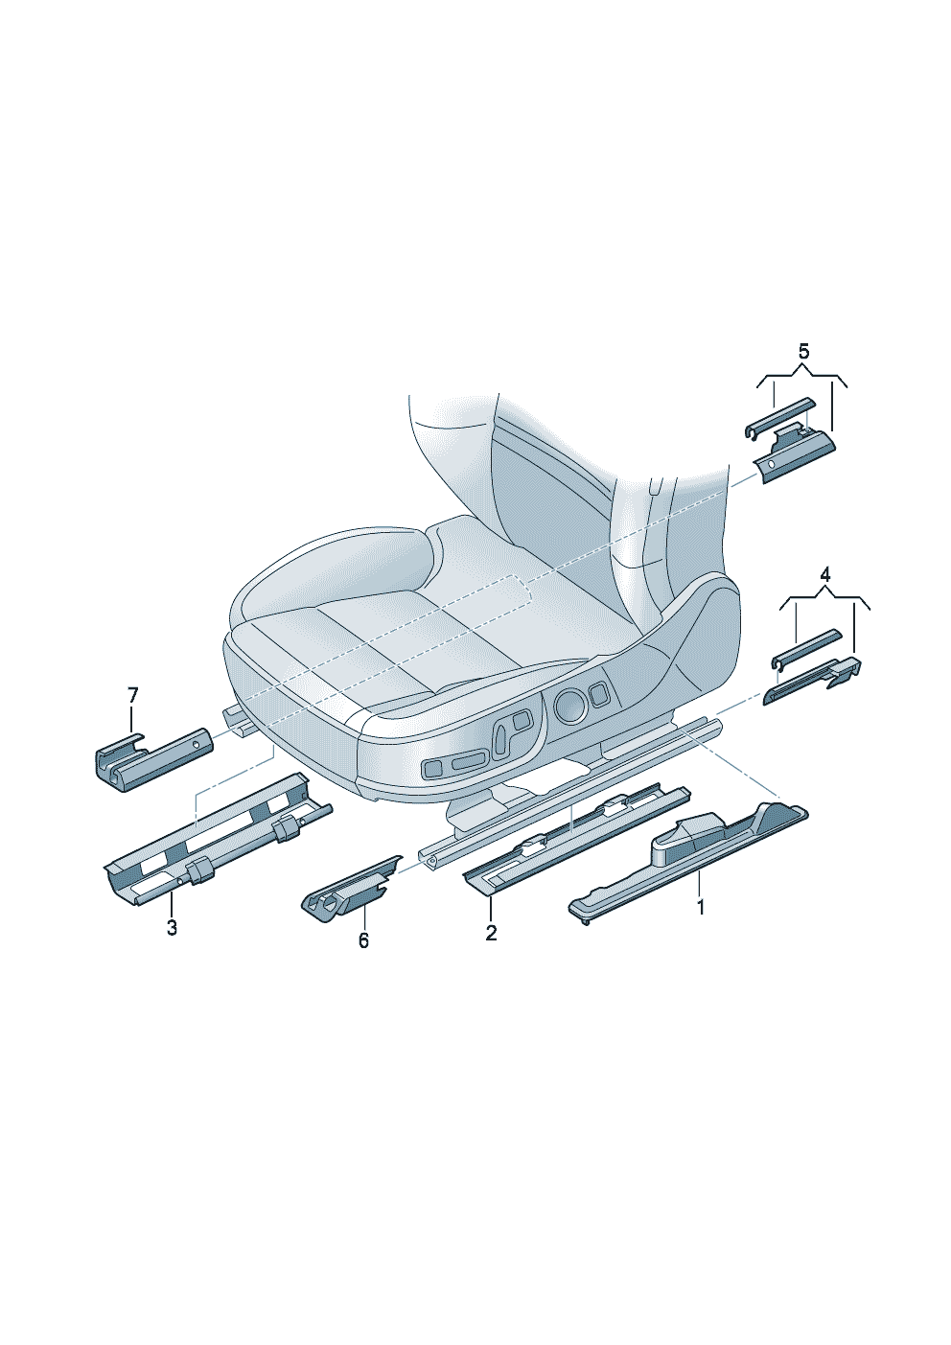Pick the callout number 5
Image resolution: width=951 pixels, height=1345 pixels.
tap(803, 351)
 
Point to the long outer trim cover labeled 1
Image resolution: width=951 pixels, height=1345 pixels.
tap(688, 866)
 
